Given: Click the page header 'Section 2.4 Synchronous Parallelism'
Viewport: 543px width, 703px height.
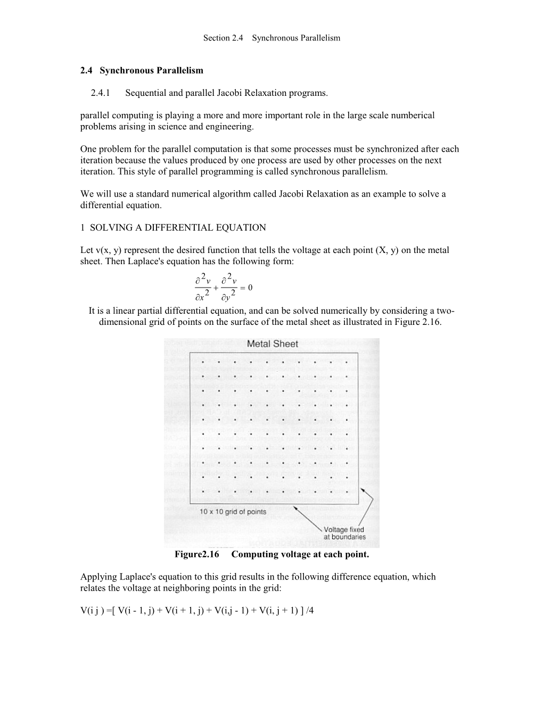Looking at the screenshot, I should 271,38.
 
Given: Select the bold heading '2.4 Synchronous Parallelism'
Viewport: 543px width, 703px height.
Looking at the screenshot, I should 142,70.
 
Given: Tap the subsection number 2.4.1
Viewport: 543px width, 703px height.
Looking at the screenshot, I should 101,93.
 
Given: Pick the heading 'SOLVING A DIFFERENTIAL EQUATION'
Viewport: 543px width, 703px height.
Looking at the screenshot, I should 178,228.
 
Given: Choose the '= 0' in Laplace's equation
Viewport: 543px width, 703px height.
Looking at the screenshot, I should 246,288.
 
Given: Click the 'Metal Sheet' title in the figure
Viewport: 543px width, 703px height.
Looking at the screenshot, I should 273,344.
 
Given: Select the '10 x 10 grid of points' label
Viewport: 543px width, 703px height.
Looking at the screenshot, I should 233,512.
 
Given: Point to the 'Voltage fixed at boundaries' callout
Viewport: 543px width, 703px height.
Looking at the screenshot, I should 344,533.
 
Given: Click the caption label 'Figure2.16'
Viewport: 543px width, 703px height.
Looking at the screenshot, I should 197,554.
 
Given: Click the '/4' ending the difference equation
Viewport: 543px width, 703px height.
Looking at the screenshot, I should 309,610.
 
